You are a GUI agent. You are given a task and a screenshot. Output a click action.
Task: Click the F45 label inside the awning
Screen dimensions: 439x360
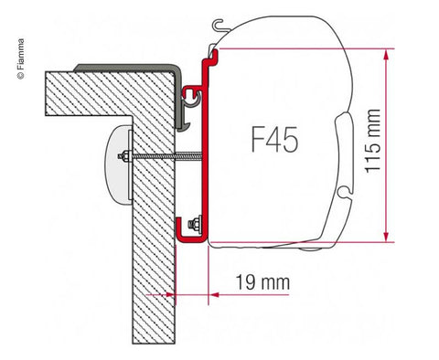274,140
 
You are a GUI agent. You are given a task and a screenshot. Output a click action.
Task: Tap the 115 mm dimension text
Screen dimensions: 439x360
373,141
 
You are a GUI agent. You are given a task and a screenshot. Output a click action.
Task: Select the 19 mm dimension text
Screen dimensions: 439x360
262,282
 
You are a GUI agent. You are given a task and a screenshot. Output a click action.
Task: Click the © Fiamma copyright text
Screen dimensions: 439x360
20,59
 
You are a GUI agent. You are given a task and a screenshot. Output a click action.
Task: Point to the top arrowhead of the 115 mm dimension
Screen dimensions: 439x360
386,55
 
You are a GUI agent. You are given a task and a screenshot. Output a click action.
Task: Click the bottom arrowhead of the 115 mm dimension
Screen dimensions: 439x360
386,236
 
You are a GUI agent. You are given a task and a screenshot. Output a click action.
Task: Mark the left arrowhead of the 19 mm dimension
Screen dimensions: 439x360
171,295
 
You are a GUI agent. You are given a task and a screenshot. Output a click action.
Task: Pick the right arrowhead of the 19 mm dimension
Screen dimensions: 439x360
213,295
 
